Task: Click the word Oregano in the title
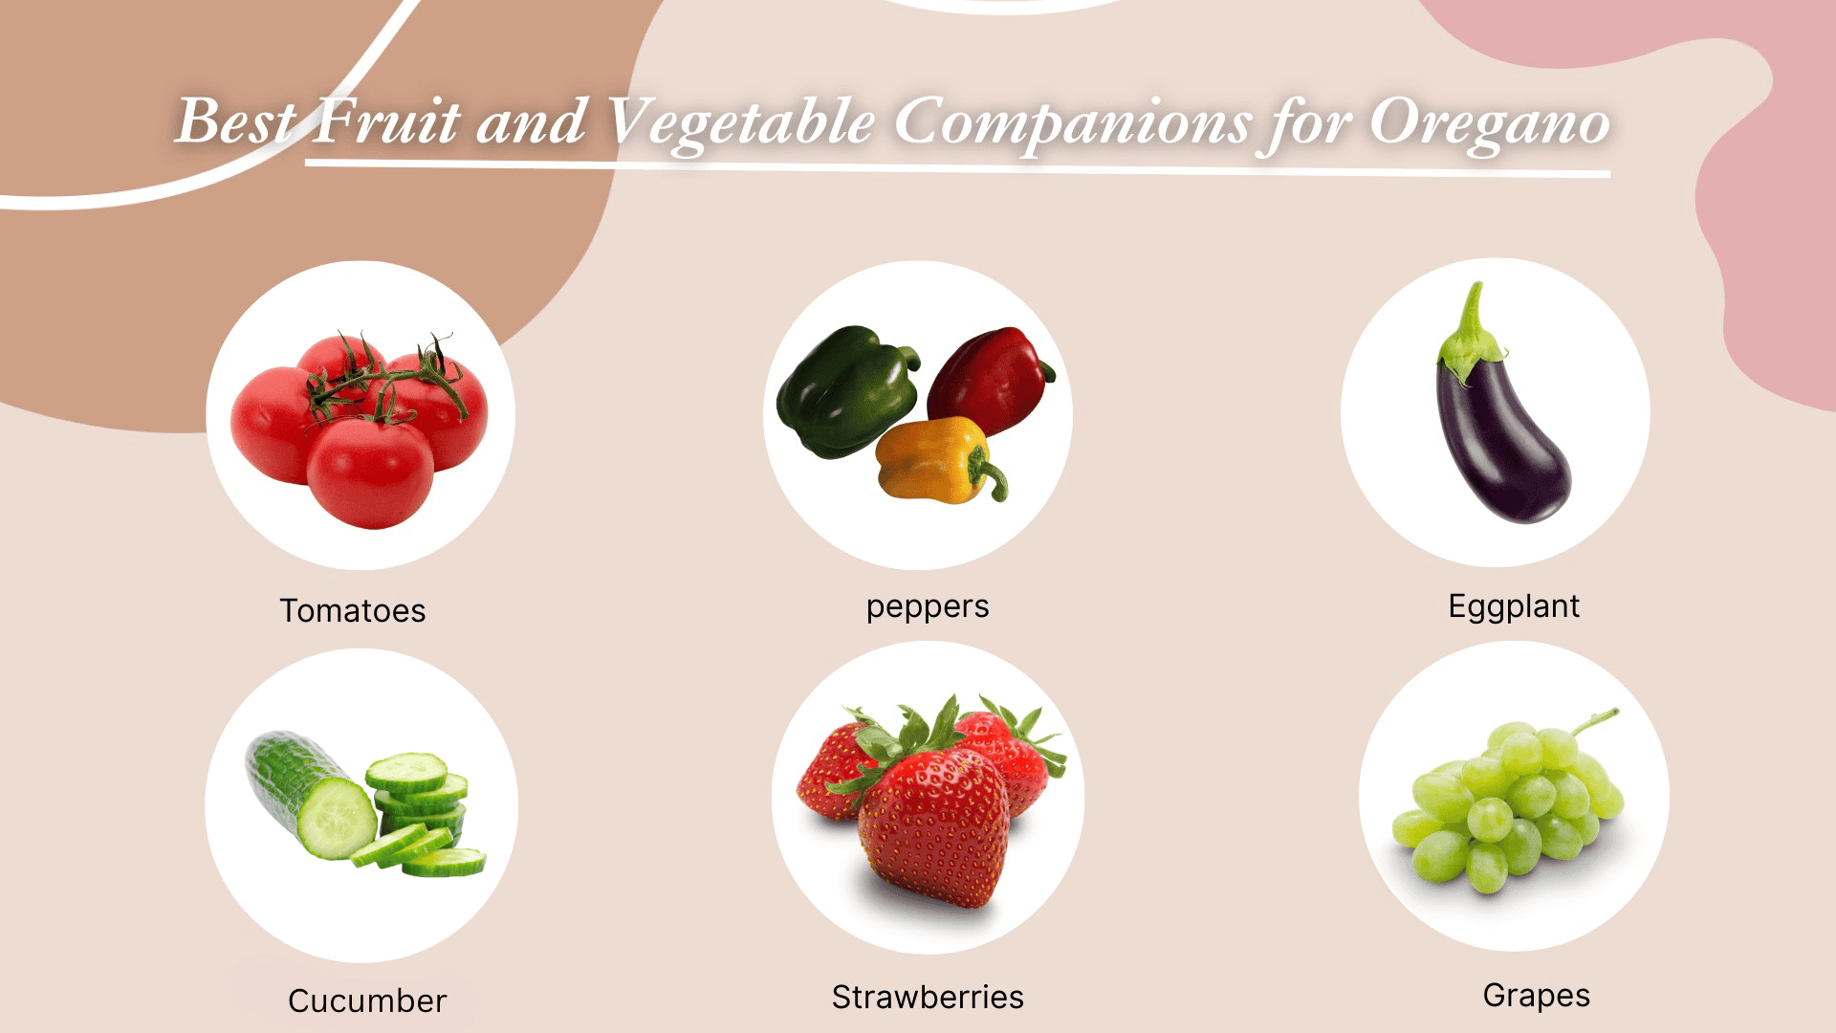click(1489, 124)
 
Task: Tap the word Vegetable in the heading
click(741, 124)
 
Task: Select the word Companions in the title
click(1072, 124)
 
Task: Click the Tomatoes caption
click(353, 611)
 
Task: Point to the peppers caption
click(928, 607)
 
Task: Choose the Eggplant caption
click(1514, 606)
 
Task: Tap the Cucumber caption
click(367, 1001)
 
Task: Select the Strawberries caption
click(928, 998)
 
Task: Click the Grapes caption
click(1536, 996)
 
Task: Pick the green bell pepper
click(841, 392)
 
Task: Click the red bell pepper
click(990, 378)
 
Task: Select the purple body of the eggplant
click(1506, 450)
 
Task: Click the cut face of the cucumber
click(337, 818)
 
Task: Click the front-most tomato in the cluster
click(370, 473)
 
